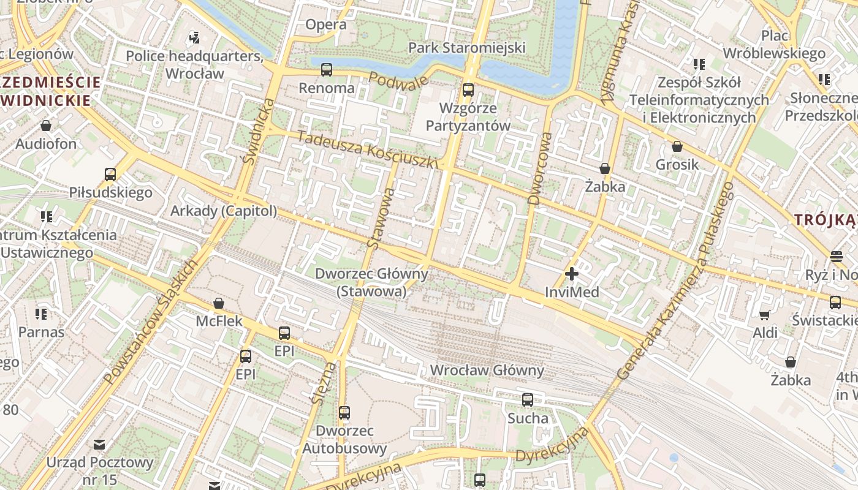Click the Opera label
point(325,25)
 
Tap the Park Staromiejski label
point(467,48)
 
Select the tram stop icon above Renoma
point(327,70)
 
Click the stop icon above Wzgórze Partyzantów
point(468,90)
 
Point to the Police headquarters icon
point(194,38)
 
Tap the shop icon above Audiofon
point(46,126)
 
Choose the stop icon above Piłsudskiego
point(110,175)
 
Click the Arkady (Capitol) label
point(224,211)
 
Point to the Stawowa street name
point(381,218)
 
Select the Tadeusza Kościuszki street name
point(368,150)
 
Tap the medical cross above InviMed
point(572,274)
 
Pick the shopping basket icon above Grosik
point(677,146)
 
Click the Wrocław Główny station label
point(487,371)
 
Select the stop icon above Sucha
point(528,400)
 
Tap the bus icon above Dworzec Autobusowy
point(344,413)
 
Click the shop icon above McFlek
point(219,303)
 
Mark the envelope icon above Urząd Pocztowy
point(99,444)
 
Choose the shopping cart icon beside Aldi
point(765,315)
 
